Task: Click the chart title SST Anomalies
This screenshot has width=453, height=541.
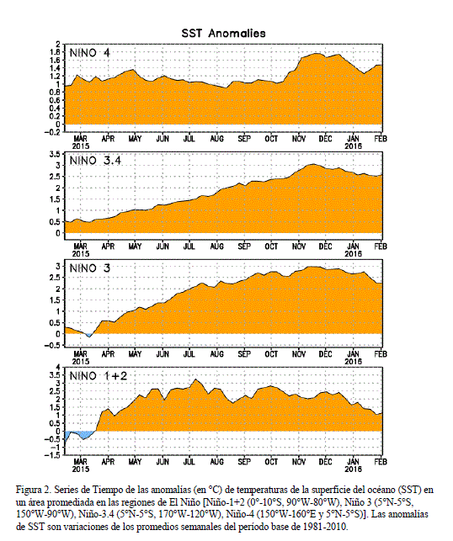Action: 224,34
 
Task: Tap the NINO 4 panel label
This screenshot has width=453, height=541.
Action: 90,53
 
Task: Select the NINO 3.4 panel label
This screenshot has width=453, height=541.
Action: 95,161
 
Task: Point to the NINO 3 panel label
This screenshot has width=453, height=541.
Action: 90,268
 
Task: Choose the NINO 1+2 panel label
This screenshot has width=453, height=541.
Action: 99,376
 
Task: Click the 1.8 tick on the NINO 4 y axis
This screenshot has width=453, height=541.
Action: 56,52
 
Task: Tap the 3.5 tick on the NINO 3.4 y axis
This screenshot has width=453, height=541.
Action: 56,154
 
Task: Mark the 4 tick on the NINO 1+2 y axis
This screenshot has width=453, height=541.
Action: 58,367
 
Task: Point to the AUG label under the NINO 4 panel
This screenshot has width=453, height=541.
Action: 217,139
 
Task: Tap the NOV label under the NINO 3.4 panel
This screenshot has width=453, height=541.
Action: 299,247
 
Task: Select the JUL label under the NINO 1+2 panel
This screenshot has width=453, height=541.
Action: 189,462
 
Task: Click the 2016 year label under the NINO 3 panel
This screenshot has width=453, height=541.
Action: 353,361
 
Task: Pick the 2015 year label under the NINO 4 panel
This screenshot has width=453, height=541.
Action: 81,146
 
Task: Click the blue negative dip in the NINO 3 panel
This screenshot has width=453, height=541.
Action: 88,335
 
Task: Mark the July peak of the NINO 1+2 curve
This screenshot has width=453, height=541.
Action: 196,379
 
